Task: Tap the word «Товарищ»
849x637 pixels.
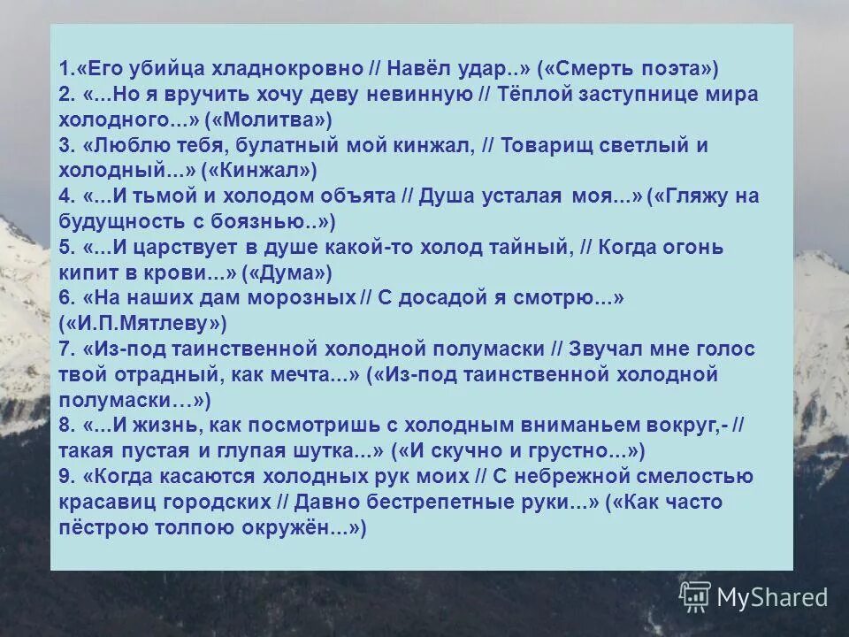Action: coord(561,145)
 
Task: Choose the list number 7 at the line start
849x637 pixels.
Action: coord(65,349)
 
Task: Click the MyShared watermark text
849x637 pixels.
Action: coord(771,597)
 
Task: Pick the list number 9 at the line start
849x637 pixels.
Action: coord(65,477)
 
